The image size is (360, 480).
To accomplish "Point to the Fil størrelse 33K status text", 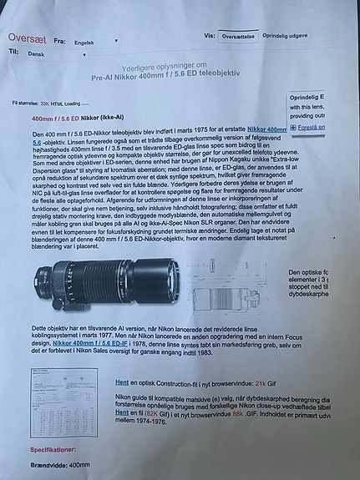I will pyautogui.click(x=50, y=104).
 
